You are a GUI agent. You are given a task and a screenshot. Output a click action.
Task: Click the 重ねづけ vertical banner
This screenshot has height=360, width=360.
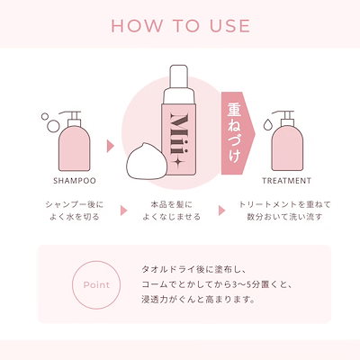(236, 130)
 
